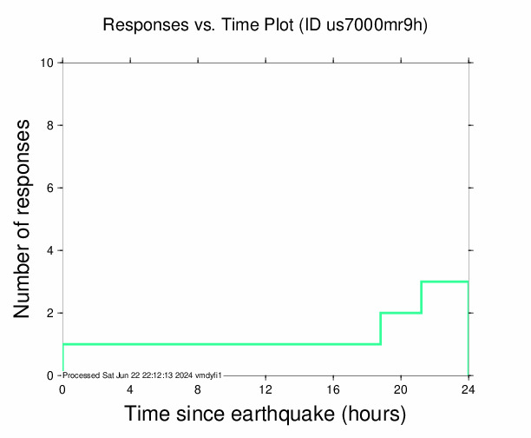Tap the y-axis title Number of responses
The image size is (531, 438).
point(25,218)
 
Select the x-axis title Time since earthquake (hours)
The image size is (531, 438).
point(265,414)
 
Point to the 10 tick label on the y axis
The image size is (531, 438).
point(48,63)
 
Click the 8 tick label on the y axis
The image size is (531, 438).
point(51,125)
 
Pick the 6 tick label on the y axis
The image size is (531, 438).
point(51,188)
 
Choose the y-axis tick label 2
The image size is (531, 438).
point(51,313)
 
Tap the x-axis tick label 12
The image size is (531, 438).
point(265,389)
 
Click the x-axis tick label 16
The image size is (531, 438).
point(333,389)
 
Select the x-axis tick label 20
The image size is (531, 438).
point(401,389)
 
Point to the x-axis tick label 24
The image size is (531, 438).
point(469,389)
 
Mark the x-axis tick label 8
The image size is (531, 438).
point(198,389)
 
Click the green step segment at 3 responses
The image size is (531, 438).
point(445,282)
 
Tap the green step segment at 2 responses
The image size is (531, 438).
point(401,313)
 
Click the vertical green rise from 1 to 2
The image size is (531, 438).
point(380,328)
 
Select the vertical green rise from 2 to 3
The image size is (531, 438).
point(422,297)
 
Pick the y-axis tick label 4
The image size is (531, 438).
point(51,250)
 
